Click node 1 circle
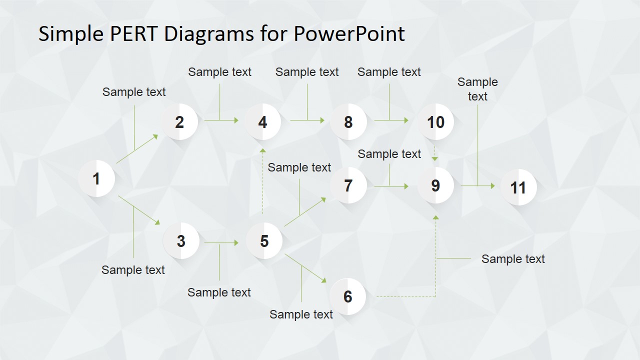pos(97,178)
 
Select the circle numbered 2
pos(180,122)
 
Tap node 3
pos(181,241)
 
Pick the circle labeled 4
pos(263,122)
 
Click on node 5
pos(264,241)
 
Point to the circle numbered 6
pos(348,296)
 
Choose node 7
pos(348,185)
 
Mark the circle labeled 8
pos(348,122)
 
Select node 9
pos(435,185)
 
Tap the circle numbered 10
pos(435,122)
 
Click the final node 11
pos(518,187)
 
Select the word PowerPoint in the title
pos(349,34)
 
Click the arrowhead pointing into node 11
pos(492,186)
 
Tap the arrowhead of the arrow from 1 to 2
pos(155,135)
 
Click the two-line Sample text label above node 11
pos(477,89)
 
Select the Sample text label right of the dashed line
pos(513,258)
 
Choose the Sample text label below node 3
pos(133,270)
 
